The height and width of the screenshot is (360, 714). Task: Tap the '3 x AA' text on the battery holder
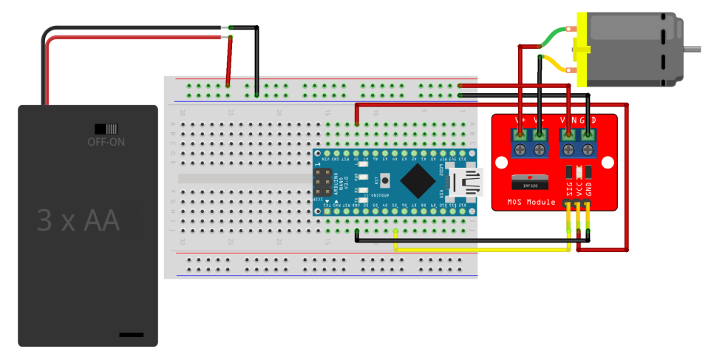point(78,220)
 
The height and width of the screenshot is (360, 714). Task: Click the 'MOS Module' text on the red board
point(531,201)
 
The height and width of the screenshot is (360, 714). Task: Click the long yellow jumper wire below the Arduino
point(480,250)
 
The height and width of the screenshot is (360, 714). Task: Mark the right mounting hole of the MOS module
point(609,163)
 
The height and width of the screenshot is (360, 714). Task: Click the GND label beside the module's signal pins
point(588,189)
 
